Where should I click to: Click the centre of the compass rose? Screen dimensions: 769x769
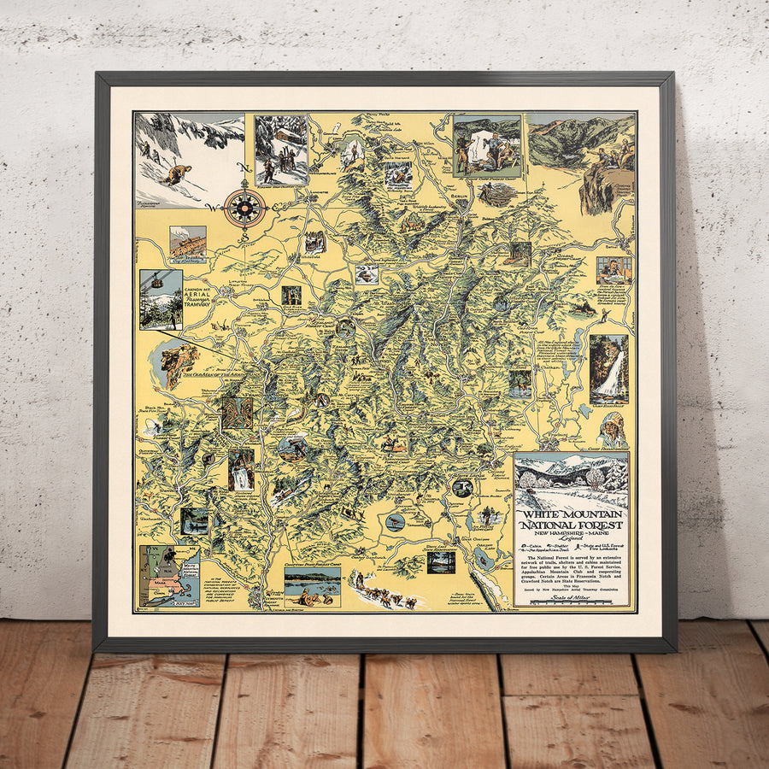(244, 206)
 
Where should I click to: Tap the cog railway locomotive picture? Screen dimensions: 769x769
(187, 244)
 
